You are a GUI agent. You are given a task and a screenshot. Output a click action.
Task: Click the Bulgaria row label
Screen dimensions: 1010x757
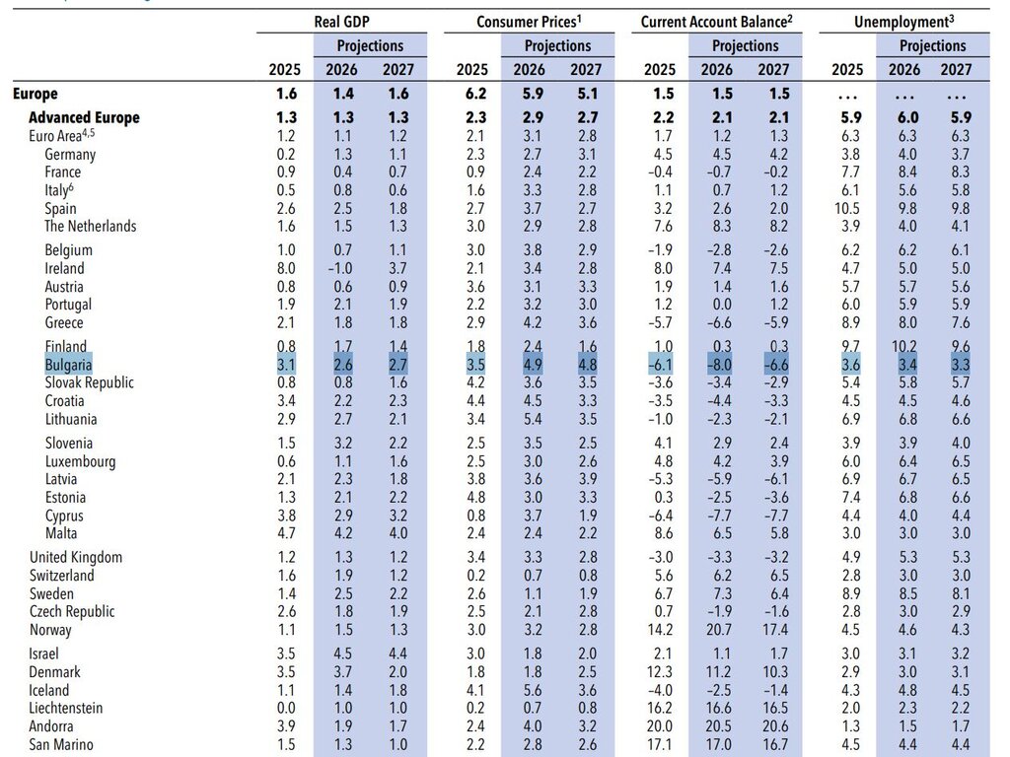(x=68, y=365)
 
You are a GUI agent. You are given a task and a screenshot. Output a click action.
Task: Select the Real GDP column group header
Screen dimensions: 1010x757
(x=342, y=22)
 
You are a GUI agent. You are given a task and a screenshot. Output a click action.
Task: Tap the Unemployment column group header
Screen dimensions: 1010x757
(x=903, y=22)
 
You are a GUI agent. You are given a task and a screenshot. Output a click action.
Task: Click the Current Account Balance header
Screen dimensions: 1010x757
(x=716, y=22)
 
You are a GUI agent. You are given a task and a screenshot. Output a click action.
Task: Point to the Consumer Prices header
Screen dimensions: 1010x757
(x=529, y=22)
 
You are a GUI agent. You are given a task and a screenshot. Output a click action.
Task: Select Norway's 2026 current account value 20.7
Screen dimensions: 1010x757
(x=718, y=630)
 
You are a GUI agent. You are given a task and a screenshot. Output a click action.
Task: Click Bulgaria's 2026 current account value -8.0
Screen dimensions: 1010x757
(x=719, y=365)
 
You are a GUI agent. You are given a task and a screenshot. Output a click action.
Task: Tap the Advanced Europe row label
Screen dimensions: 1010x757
(x=84, y=118)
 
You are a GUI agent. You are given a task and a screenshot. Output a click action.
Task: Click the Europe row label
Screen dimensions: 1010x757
(x=35, y=94)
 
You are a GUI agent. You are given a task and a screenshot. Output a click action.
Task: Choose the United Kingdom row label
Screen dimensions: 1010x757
(x=75, y=558)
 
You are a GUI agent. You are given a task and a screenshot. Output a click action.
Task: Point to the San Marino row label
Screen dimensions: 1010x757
(x=60, y=745)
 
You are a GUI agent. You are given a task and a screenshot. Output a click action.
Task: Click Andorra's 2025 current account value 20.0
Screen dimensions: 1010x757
(x=659, y=726)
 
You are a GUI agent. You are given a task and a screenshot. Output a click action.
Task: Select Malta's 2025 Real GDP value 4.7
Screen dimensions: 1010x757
(x=286, y=533)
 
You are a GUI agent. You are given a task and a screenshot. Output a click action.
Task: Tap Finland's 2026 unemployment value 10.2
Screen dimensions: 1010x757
(x=903, y=346)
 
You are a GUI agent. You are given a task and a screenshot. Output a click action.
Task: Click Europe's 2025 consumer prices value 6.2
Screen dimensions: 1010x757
(x=475, y=94)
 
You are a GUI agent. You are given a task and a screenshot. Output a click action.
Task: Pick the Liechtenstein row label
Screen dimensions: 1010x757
(x=66, y=708)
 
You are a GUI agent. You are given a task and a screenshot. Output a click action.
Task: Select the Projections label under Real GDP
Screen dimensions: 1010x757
(x=371, y=45)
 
